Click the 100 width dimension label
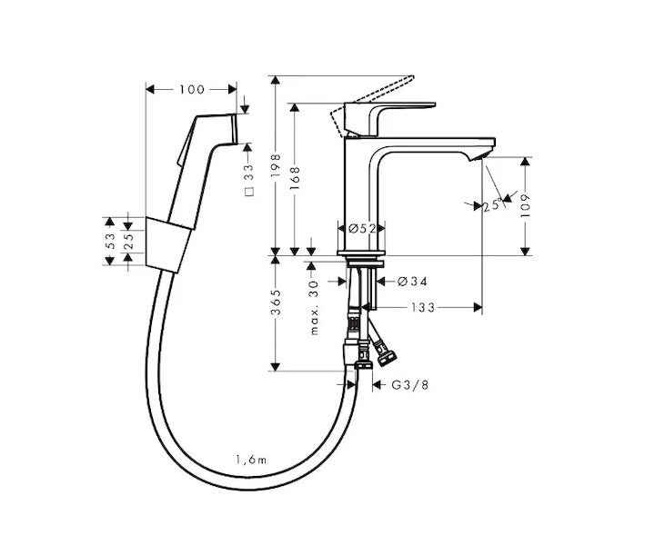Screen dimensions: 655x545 tap(192, 90)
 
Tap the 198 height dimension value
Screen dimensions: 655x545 tap(275, 165)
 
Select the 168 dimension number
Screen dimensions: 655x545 tap(295, 178)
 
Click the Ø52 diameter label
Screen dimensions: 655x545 tap(362, 228)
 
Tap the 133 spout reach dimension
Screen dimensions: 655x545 tap(423, 308)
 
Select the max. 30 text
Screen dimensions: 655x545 tap(314, 307)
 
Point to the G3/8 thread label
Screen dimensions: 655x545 tap(410, 384)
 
